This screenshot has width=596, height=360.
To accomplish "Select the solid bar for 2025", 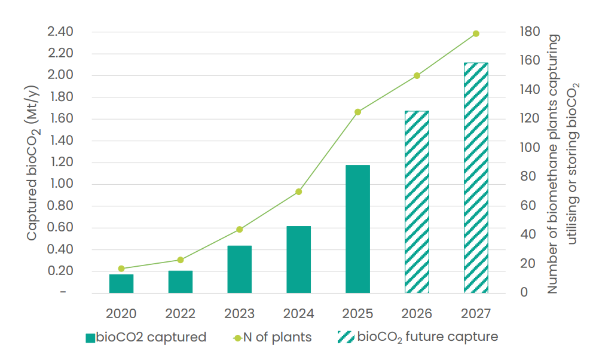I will click(357, 229).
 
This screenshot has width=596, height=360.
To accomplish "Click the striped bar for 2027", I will click(476, 178).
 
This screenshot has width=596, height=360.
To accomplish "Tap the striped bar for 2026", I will click(417, 202).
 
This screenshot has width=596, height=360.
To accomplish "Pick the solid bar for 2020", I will click(121, 283).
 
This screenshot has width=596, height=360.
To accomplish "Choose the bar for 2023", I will click(240, 269).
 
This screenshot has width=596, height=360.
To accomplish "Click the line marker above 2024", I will click(299, 192).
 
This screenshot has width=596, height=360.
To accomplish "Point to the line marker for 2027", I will click(476, 33).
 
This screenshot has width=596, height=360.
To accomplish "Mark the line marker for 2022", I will click(181, 260).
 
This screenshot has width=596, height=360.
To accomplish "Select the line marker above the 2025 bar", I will click(357, 112).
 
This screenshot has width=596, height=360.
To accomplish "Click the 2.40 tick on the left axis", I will click(61, 32).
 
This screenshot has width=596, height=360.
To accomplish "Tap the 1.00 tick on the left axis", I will click(61, 184).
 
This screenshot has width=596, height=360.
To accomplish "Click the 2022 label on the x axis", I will click(181, 313).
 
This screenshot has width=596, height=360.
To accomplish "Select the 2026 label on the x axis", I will click(417, 313).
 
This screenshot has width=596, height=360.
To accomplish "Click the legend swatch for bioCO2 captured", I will click(90, 338).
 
